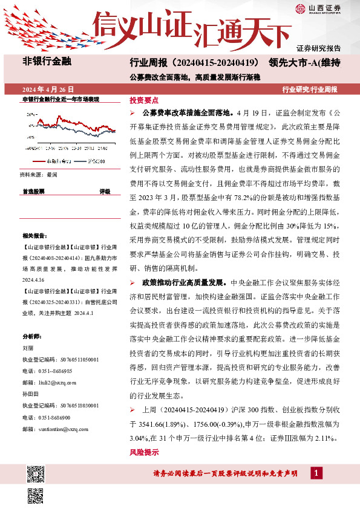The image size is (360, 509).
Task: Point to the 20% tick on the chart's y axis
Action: [x=30, y=114]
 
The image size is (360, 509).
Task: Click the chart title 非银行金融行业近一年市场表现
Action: [x=61, y=99]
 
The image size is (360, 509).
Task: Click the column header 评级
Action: [x=105, y=191]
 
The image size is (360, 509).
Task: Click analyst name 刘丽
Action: [x=27, y=348]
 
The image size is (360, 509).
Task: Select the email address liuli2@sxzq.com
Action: [x=56, y=383]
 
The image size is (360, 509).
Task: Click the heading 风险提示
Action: [x=144, y=452]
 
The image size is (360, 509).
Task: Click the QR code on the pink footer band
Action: [x=36, y=474]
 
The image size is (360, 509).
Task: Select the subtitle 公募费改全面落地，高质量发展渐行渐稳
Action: [x=194, y=77]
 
